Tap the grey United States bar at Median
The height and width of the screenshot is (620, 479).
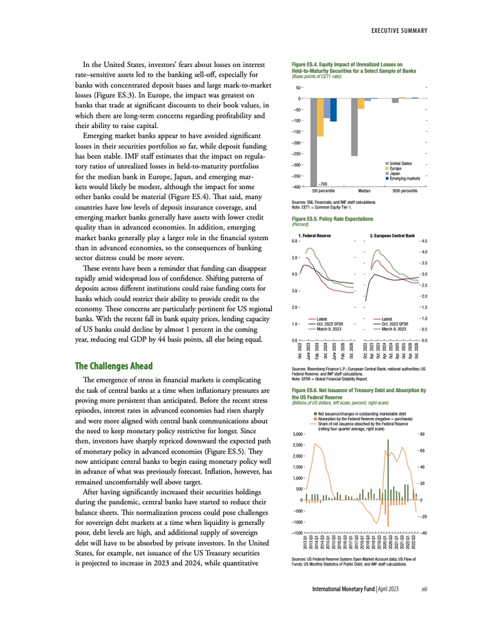354,127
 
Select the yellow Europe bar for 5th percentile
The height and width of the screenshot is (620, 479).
320,117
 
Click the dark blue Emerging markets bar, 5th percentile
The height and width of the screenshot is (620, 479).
333,110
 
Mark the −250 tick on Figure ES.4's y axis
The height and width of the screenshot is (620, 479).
299,153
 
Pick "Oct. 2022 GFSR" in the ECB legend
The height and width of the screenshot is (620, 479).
396,324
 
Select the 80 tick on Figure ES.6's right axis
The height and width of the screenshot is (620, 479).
424,435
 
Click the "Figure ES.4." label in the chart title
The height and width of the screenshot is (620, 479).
296,66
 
